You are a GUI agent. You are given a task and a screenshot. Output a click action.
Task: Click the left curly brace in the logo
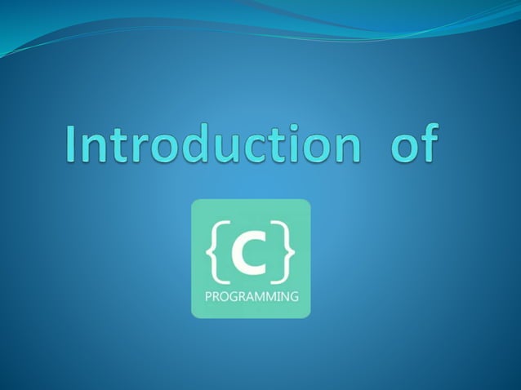click(x=215, y=253)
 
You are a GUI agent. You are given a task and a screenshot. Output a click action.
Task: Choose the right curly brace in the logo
click(x=286, y=253)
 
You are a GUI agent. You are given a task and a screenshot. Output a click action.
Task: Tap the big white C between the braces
click(x=250, y=254)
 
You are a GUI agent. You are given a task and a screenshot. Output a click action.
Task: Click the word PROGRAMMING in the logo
click(x=251, y=297)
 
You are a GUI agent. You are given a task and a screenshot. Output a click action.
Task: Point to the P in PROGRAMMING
click(x=207, y=297)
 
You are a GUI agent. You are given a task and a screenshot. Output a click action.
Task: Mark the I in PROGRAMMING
click(x=277, y=297)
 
